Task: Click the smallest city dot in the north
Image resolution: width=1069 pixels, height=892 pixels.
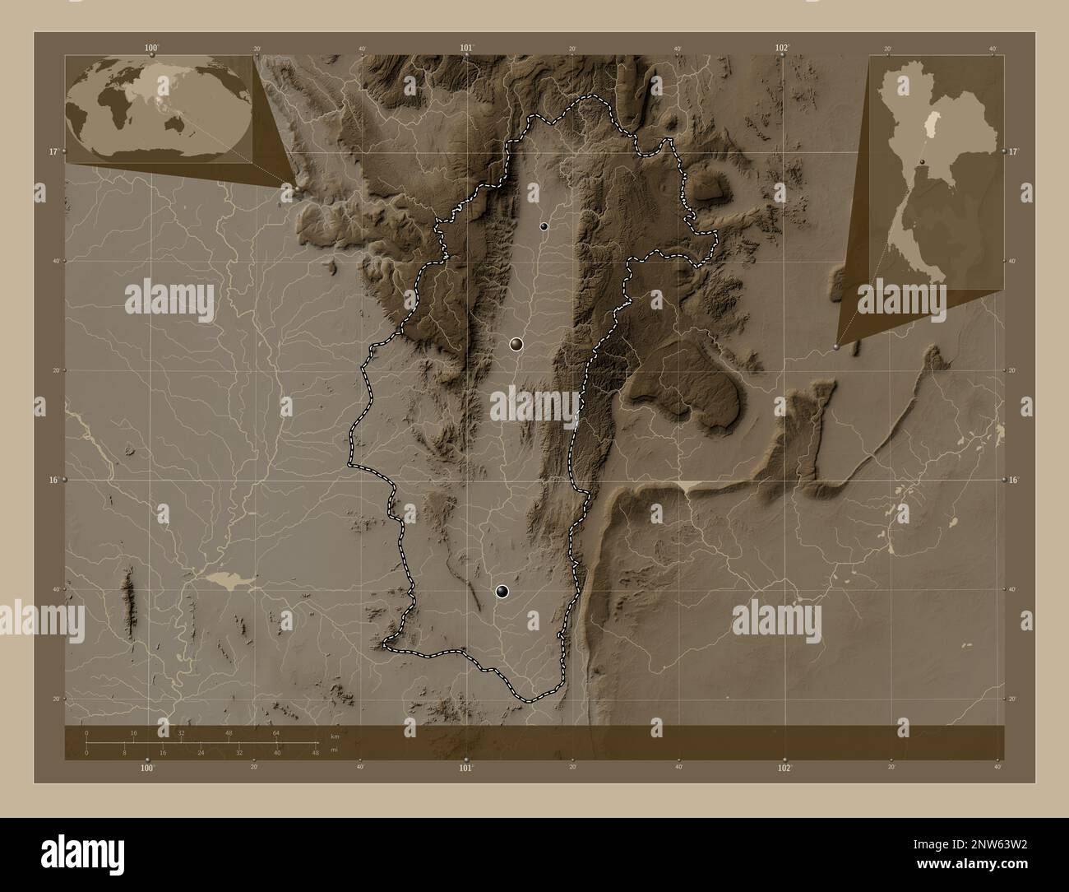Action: [x=544, y=225]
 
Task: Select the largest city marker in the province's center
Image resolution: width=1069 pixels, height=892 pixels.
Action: [x=516, y=343]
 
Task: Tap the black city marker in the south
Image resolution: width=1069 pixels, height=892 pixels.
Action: [x=502, y=591]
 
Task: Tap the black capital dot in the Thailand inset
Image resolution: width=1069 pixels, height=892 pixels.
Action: [x=923, y=160]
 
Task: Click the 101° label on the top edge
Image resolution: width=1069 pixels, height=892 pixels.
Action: [x=467, y=48]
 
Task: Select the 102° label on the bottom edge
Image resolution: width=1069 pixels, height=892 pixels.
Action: [x=784, y=768]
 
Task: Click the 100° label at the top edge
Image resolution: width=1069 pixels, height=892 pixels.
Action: [x=150, y=48]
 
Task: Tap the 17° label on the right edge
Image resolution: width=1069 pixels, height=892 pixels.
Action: [x=1012, y=152]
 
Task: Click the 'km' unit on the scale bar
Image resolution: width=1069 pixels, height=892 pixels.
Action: [x=334, y=736]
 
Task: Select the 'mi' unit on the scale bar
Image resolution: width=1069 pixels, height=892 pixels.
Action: [x=334, y=750]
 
